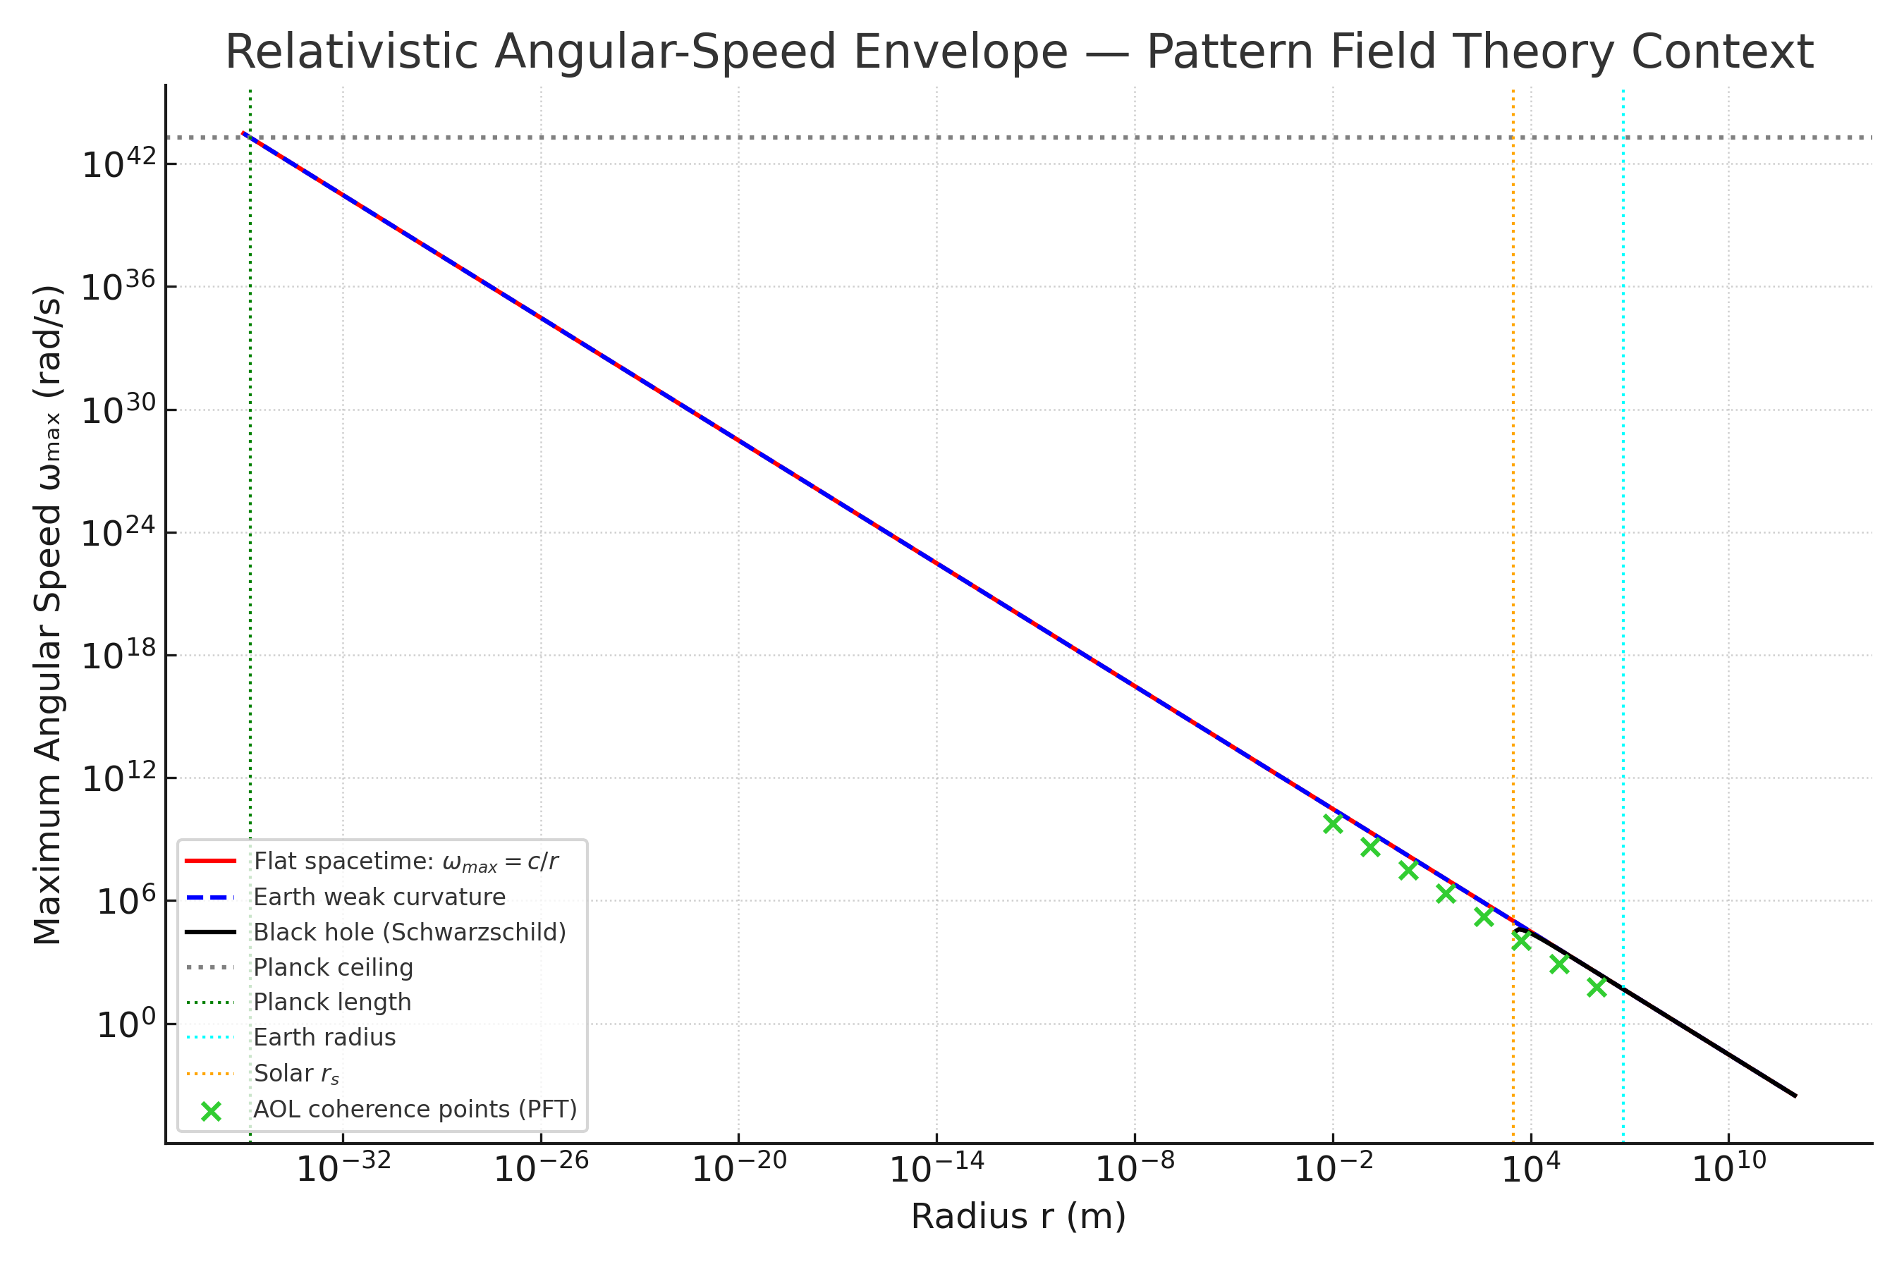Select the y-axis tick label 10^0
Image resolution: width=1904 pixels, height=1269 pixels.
tap(126, 1025)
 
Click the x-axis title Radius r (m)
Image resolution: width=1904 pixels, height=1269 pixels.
tap(1018, 1216)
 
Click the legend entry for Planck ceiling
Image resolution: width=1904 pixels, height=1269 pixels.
tap(333, 967)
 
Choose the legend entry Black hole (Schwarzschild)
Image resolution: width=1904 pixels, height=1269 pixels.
tap(410, 932)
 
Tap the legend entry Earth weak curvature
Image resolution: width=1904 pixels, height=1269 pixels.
tap(379, 897)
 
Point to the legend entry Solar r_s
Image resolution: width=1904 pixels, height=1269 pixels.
tap(296, 1073)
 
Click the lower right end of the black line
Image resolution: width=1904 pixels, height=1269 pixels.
tap(1795, 1096)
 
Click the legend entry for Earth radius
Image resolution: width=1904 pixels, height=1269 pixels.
tap(324, 1038)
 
